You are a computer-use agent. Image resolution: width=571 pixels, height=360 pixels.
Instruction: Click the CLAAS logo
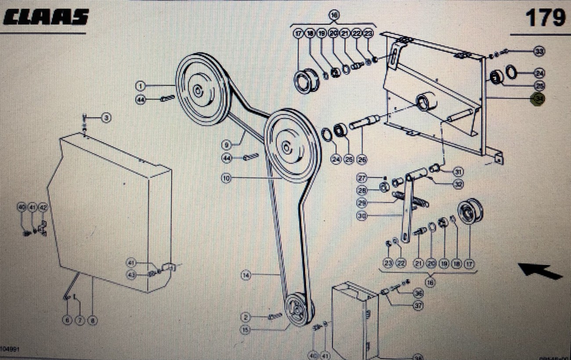(46, 18)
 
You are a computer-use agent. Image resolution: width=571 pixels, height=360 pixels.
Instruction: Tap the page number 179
(546, 18)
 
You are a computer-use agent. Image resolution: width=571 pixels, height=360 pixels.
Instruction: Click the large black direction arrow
(540, 271)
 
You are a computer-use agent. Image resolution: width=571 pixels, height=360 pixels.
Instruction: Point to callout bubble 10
(226, 178)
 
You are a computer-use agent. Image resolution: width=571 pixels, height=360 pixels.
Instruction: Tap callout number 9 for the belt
(227, 144)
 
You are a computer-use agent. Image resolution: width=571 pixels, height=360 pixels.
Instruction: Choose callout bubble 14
(246, 276)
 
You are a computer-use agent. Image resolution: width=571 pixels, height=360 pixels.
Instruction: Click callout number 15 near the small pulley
(246, 329)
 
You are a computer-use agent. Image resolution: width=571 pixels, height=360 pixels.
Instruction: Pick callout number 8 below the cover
(92, 320)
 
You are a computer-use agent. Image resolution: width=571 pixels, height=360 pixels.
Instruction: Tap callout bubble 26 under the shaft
(362, 160)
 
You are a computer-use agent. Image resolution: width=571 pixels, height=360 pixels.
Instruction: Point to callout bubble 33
(539, 51)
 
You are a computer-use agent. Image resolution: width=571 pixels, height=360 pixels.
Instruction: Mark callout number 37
(419, 305)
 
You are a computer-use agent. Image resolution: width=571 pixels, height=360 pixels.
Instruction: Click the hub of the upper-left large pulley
(198, 91)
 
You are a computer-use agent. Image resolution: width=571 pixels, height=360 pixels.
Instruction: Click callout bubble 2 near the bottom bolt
(246, 316)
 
